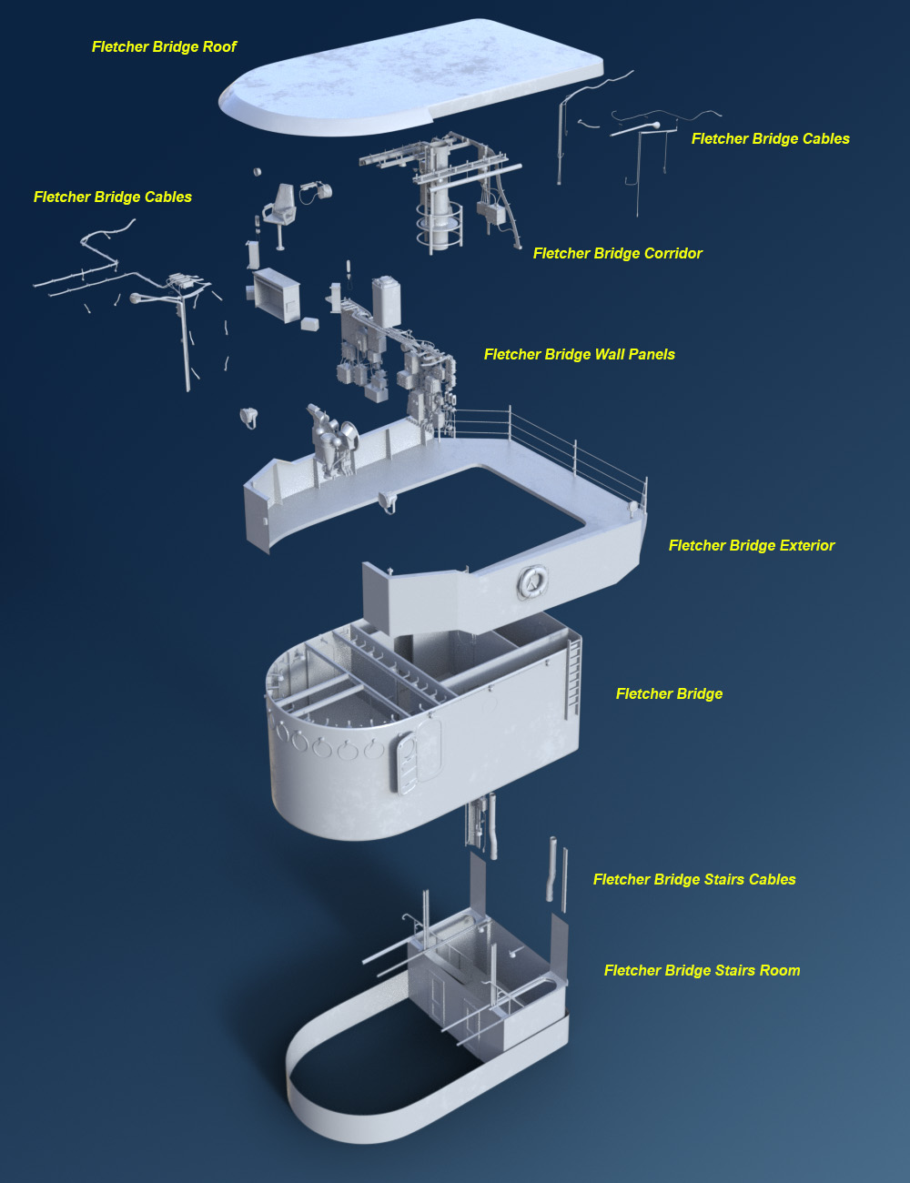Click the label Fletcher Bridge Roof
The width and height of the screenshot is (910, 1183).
coord(164,46)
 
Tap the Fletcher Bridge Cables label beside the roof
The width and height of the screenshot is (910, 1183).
coord(770,139)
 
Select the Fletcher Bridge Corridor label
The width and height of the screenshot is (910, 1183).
coord(618,253)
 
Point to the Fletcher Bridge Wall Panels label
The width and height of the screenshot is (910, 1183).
coord(579,354)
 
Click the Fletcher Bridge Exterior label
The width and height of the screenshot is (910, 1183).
coord(751,545)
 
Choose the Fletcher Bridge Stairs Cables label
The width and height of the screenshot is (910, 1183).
coord(694,879)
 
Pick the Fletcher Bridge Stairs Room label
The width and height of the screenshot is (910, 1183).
coord(703,970)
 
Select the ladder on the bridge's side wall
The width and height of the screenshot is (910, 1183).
coord(573,677)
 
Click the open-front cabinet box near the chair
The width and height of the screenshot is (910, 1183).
coord(277,295)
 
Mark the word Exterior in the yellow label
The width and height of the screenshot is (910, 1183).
coord(806,545)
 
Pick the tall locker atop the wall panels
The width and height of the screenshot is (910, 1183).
coord(386,301)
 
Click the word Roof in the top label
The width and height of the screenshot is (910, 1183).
coord(220,46)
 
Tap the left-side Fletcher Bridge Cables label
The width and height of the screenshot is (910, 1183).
coord(113,197)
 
